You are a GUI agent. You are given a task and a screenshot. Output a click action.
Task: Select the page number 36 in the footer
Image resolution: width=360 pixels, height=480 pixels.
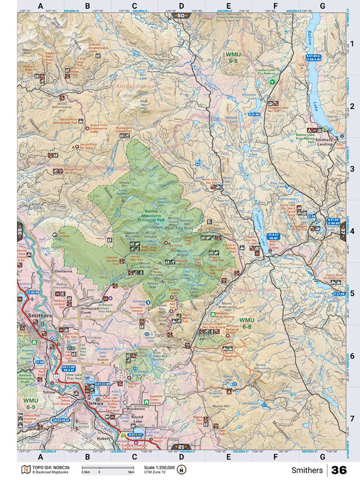tap(339, 470)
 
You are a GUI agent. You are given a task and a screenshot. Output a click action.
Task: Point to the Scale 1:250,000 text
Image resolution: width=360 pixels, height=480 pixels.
tap(159, 468)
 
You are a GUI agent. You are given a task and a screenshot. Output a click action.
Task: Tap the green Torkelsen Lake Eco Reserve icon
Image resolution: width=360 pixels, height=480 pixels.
tap(272, 82)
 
